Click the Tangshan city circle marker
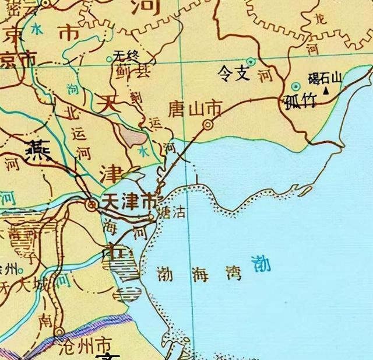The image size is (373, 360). tap(207, 124)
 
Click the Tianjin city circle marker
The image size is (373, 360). tap(92, 204)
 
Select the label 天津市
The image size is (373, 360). tap(129, 200)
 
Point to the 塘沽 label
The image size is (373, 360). tap(173, 213)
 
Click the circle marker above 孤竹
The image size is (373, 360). tap(296, 86)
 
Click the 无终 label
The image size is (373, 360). tap(128, 57)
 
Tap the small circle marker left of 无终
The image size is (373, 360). tap(110, 60)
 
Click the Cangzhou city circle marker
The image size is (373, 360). tap(59, 333)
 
